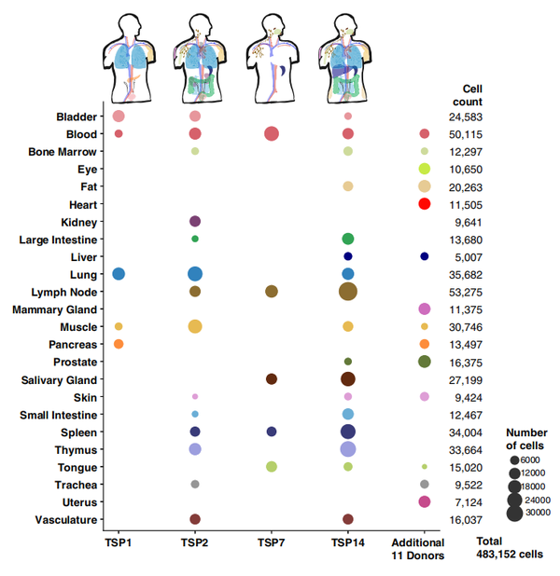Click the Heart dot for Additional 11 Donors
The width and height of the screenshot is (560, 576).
point(424,204)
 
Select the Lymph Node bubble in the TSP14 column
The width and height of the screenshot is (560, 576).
point(348,292)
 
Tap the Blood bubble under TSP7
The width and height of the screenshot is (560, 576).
point(272,134)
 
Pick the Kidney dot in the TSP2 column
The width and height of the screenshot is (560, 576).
point(195,222)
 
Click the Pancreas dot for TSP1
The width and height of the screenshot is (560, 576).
point(119,345)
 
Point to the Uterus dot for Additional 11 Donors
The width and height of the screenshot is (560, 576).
point(425,501)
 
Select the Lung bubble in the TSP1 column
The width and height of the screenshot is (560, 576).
point(119,274)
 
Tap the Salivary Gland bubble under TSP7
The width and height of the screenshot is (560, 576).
point(272,379)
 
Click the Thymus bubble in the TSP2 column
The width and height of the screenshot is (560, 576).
point(195,449)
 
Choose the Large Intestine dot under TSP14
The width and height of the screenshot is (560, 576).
point(348,240)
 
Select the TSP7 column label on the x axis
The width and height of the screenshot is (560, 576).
point(272,542)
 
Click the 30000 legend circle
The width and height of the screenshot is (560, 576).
point(515,512)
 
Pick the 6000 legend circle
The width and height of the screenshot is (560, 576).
point(515,460)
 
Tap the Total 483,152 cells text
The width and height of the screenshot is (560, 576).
point(509,547)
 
